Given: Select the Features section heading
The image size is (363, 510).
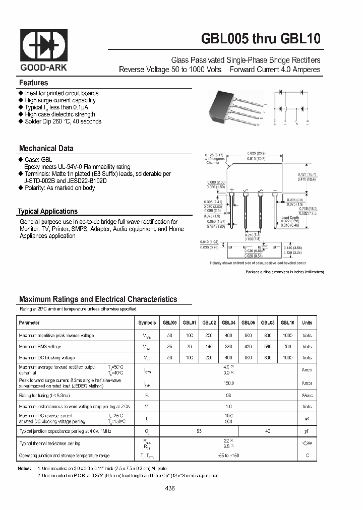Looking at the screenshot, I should [x=34, y=83].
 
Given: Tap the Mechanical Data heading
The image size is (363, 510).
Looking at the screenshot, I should [x=46, y=149].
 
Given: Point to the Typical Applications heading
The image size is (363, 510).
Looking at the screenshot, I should [x=47, y=212].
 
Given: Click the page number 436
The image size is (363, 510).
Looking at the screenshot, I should [x=169, y=488].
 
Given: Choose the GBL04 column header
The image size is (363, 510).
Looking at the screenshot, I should [x=229, y=323].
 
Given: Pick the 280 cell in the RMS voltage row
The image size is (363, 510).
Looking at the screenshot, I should [x=229, y=347].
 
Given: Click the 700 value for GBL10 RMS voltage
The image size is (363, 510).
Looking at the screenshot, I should [x=287, y=347].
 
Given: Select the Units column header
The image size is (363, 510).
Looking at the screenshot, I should [x=307, y=323].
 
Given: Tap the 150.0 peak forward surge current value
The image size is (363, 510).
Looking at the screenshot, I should [x=229, y=383].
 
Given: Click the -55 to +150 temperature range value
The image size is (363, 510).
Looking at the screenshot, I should [x=229, y=455].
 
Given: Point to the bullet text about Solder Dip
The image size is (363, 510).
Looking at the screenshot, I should [x=63, y=121].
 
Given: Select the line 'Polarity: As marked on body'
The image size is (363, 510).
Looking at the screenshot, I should [x=59, y=188].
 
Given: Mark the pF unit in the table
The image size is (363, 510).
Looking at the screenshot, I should [x=307, y=432].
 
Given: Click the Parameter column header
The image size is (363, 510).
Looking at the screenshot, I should [x=29, y=323].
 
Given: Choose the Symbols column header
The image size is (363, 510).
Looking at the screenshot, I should [x=147, y=323].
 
